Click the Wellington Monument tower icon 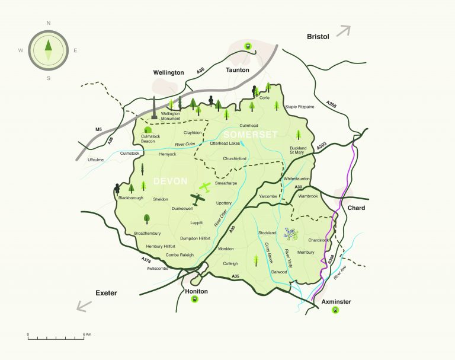pyautogui.click(x=154, y=107)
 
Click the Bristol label pyautogui.click(x=318, y=37)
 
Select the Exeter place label pyautogui.click(x=107, y=293)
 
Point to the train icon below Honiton pyautogui.click(x=194, y=301)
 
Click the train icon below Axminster pyautogui.click(x=336, y=311)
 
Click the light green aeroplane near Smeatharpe pyautogui.click(x=204, y=187)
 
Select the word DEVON pyautogui.click(x=171, y=180)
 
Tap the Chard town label pyautogui.click(x=357, y=208)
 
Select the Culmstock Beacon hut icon pyautogui.click(x=148, y=130)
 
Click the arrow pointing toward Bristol pyautogui.click(x=344, y=31)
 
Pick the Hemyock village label pyautogui.click(x=168, y=154)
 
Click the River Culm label pyautogui.click(x=185, y=144)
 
